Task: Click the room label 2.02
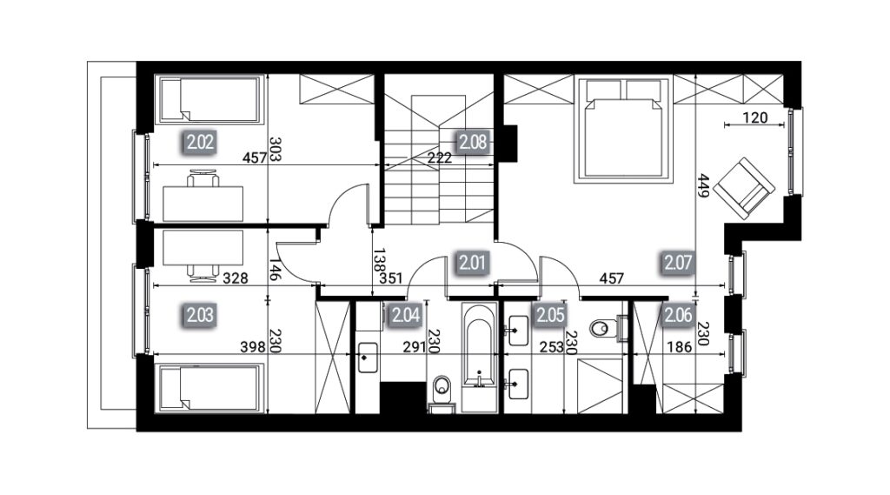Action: point(201,142)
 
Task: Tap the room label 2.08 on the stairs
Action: point(473,142)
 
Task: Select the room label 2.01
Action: point(473,263)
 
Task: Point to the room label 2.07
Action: point(678,263)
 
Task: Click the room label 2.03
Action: point(201,315)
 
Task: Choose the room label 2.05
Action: point(550,315)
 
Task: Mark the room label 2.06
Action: point(678,315)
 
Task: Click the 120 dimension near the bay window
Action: point(755,117)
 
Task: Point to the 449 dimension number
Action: point(704,185)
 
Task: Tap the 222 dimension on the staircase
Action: point(439,157)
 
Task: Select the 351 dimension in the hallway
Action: point(390,278)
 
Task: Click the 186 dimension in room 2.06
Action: point(680,346)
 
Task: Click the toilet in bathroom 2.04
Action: point(441,393)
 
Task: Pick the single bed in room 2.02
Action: point(210,100)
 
